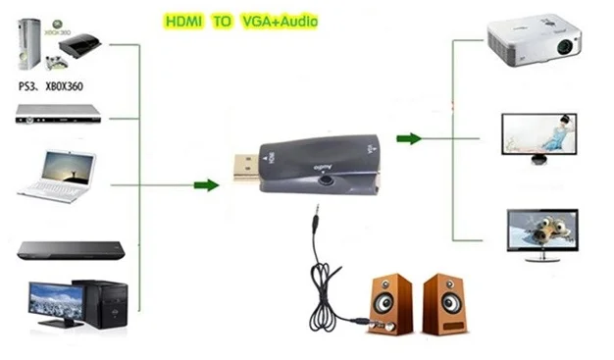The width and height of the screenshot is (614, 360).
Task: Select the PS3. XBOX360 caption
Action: (x=51, y=85)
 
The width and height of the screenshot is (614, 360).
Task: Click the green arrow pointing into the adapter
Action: (x=206, y=184)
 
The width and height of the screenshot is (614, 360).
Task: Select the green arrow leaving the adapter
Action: (x=409, y=138)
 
